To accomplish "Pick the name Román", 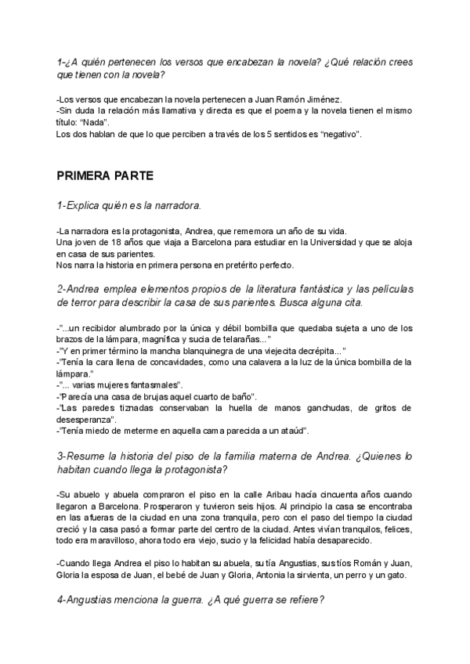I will pos(357,564).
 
